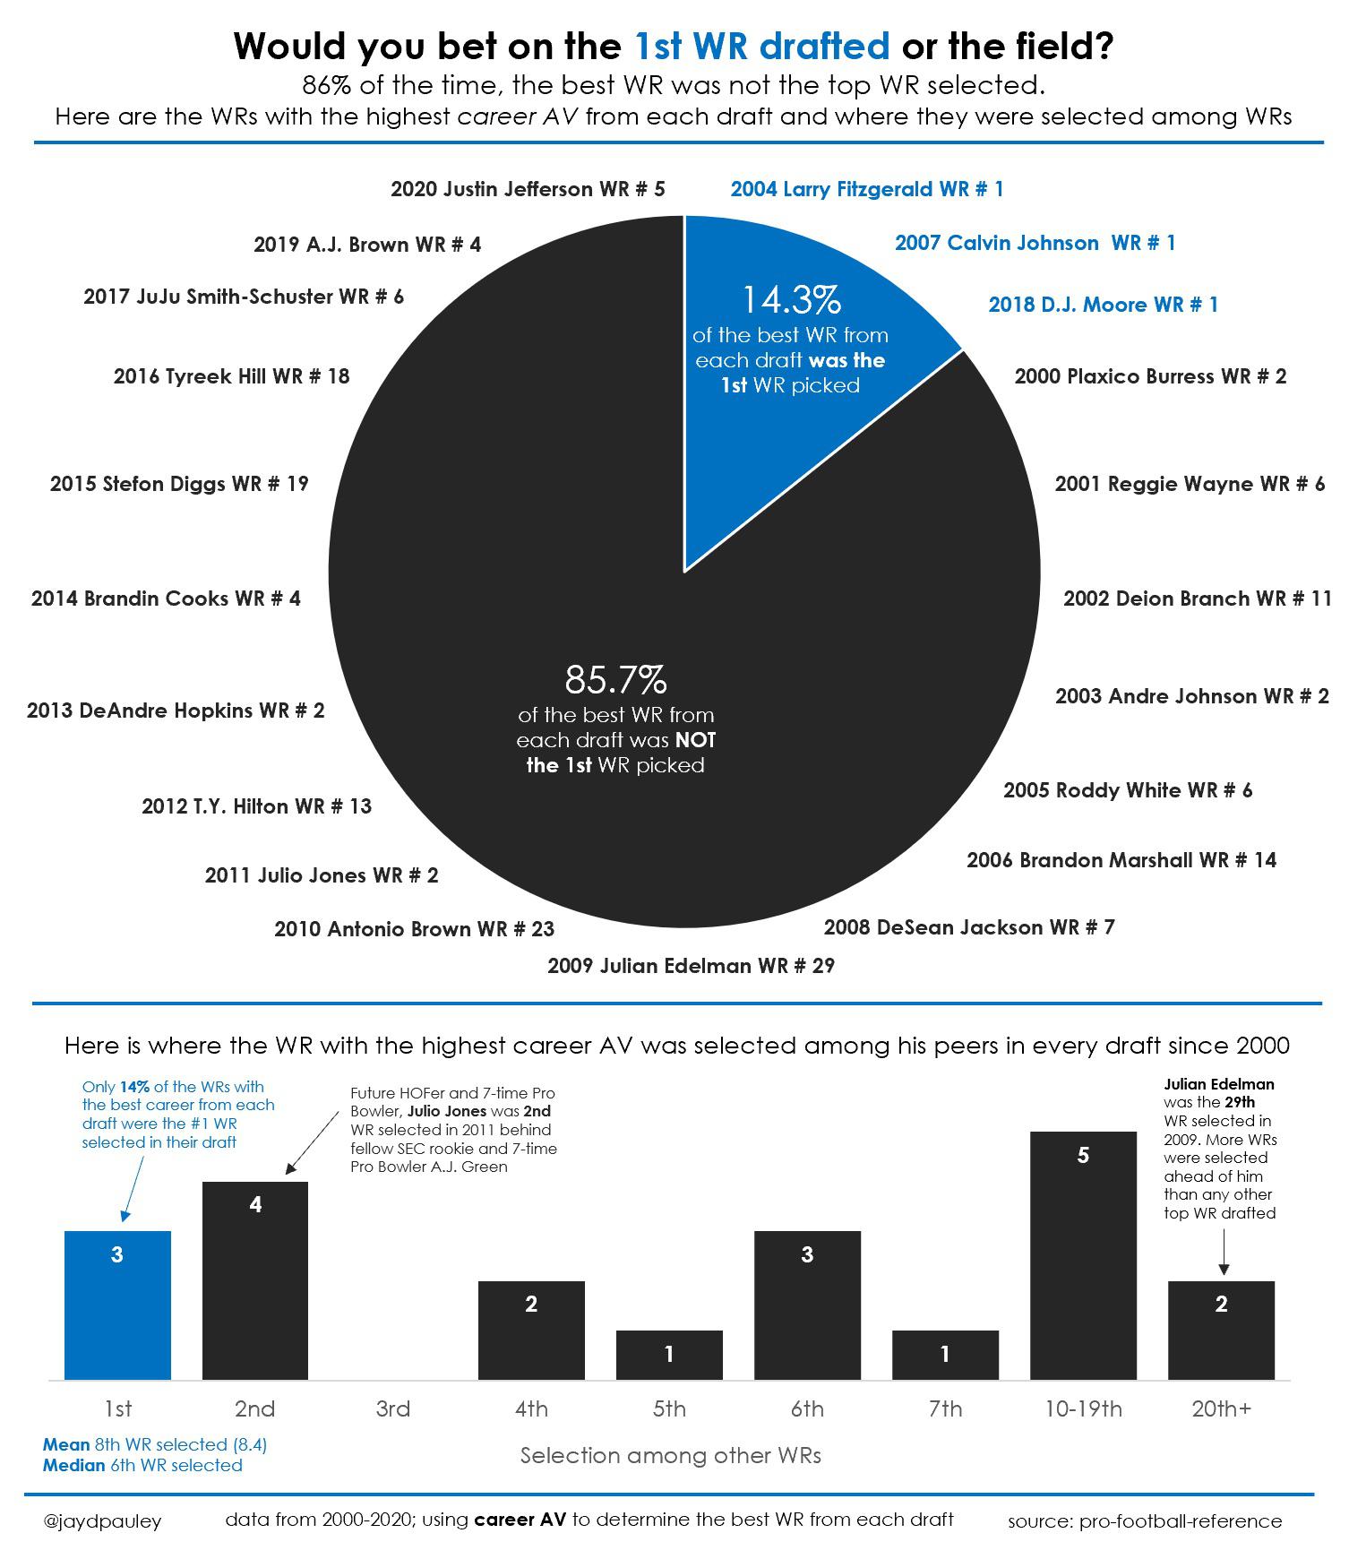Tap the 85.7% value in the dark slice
point(615,680)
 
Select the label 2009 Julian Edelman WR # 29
point(691,966)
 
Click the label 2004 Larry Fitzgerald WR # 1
point(866,189)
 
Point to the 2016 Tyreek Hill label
point(231,376)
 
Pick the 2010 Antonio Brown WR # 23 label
point(414,929)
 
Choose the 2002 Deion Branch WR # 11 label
point(1197,599)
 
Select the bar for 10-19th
point(1082,1254)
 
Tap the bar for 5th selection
point(668,1355)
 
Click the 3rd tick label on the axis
point(392,1409)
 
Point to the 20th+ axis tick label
point(1221,1409)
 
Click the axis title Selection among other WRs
point(670,1456)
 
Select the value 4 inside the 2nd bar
point(255,1205)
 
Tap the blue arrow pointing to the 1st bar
point(133,1187)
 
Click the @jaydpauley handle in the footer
point(102,1520)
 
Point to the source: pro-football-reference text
point(1144,1520)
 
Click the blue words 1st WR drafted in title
point(761,46)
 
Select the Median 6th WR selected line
point(142,1466)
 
